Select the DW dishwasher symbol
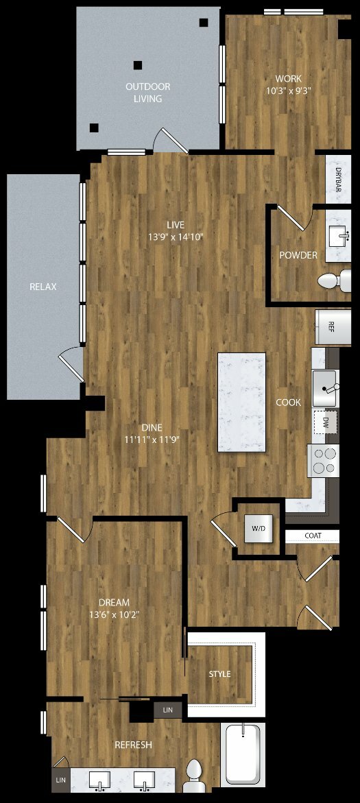(x=325, y=422)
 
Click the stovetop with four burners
(x=323, y=460)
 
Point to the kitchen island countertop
(x=241, y=402)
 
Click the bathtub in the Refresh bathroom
(x=243, y=754)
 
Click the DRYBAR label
(x=339, y=179)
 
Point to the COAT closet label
(x=313, y=536)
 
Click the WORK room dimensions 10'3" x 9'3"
(x=289, y=91)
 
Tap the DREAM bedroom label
(x=115, y=602)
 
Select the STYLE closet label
(x=219, y=674)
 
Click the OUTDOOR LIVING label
(x=148, y=93)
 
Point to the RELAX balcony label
(x=43, y=287)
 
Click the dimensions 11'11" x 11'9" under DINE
(x=152, y=439)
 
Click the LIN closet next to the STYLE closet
(x=168, y=710)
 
